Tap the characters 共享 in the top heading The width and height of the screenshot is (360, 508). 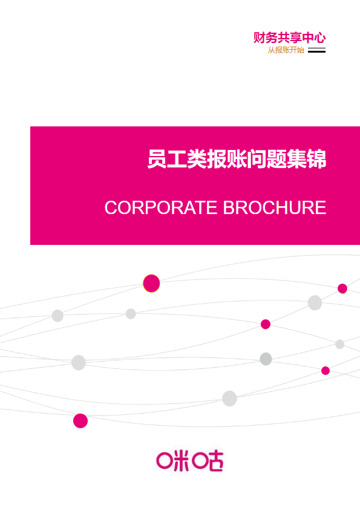pyautogui.click(x=290, y=38)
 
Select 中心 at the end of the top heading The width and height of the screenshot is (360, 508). pyautogui.click(x=314, y=38)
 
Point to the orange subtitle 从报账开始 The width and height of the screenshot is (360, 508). pyautogui.click(x=286, y=50)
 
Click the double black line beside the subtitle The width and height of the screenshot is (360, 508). pyautogui.click(x=316, y=50)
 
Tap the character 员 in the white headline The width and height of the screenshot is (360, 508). pyautogui.click(x=157, y=159)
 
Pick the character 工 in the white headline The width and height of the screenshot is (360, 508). pyautogui.click(x=177, y=159)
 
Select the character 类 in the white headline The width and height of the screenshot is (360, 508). pyautogui.click(x=197, y=159)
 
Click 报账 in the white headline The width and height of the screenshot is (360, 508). pyautogui.click(x=226, y=159)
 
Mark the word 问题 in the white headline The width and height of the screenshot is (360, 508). pyautogui.click(x=266, y=159)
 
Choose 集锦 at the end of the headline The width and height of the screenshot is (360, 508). pyautogui.click(x=306, y=159)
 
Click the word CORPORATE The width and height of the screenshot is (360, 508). pyautogui.click(x=161, y=207)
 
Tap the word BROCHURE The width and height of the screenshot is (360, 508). pyautogui.click(x=275, y=207)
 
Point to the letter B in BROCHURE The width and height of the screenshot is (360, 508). pyautogui.click(x=229, y=207)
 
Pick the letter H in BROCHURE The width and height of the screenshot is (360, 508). pyautogui.click(x=282, y=207)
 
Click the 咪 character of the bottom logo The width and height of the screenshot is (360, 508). pyautogui.click(x=172, y=461)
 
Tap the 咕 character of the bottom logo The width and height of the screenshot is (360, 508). pyautogui.click(x=208, y=461)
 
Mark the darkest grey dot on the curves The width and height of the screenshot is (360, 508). pyautogui.click(x=266, y=359)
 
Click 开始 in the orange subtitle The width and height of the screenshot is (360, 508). pyautogui.click(x=297, y=50)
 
